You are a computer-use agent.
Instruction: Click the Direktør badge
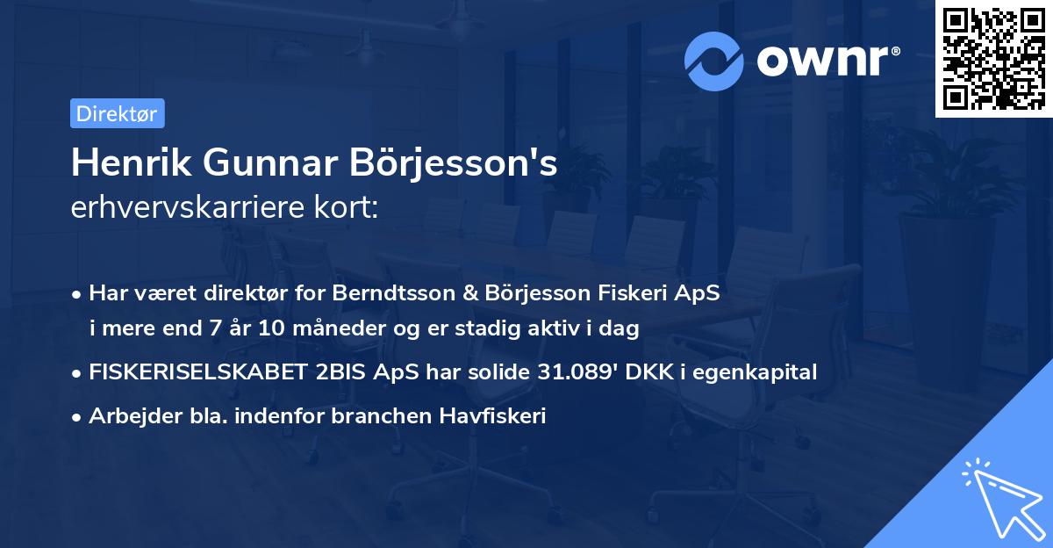[117, 113]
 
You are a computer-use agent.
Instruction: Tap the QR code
[992, 58]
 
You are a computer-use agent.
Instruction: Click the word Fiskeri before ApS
[625, 293]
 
